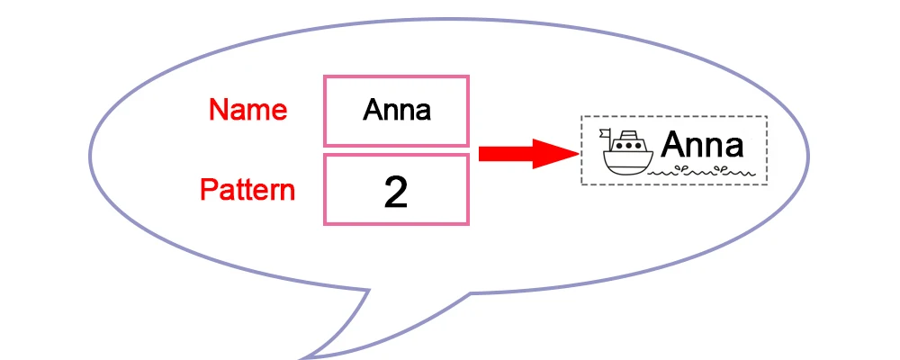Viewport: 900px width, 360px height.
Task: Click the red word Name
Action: (247, 110)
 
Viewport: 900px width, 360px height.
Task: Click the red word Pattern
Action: (247, 191)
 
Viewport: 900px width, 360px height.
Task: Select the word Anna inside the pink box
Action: (396, 111)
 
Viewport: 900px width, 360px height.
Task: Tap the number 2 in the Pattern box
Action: (395, 192)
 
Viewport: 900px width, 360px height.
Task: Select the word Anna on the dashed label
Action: (702, 145)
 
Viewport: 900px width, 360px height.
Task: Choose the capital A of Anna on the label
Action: (673, 145)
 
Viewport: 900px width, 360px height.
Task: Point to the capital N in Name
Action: (218, 110)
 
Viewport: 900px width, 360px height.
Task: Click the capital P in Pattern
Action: (208, 191)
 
